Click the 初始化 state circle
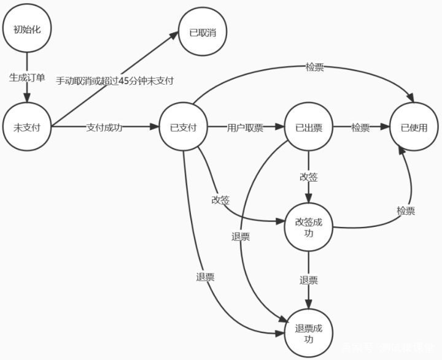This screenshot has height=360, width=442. point(27,29)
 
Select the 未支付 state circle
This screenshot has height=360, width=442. point(27,127)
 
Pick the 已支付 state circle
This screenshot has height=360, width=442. point(183,128)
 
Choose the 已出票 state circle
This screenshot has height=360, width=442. point(309,128)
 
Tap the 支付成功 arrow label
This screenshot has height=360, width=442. point(104,128)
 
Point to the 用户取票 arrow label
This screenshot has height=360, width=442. point(245,128)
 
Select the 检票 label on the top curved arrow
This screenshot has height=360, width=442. point(314,67)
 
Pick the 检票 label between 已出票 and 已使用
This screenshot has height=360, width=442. point(360,128)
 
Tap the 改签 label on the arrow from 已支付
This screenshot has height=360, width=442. point(220,200)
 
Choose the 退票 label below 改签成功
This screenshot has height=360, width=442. point(309,280)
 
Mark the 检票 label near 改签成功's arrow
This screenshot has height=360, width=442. point(406,210)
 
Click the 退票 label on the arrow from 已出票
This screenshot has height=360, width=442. point(241,237)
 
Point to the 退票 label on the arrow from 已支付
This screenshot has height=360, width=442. point(205,277)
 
